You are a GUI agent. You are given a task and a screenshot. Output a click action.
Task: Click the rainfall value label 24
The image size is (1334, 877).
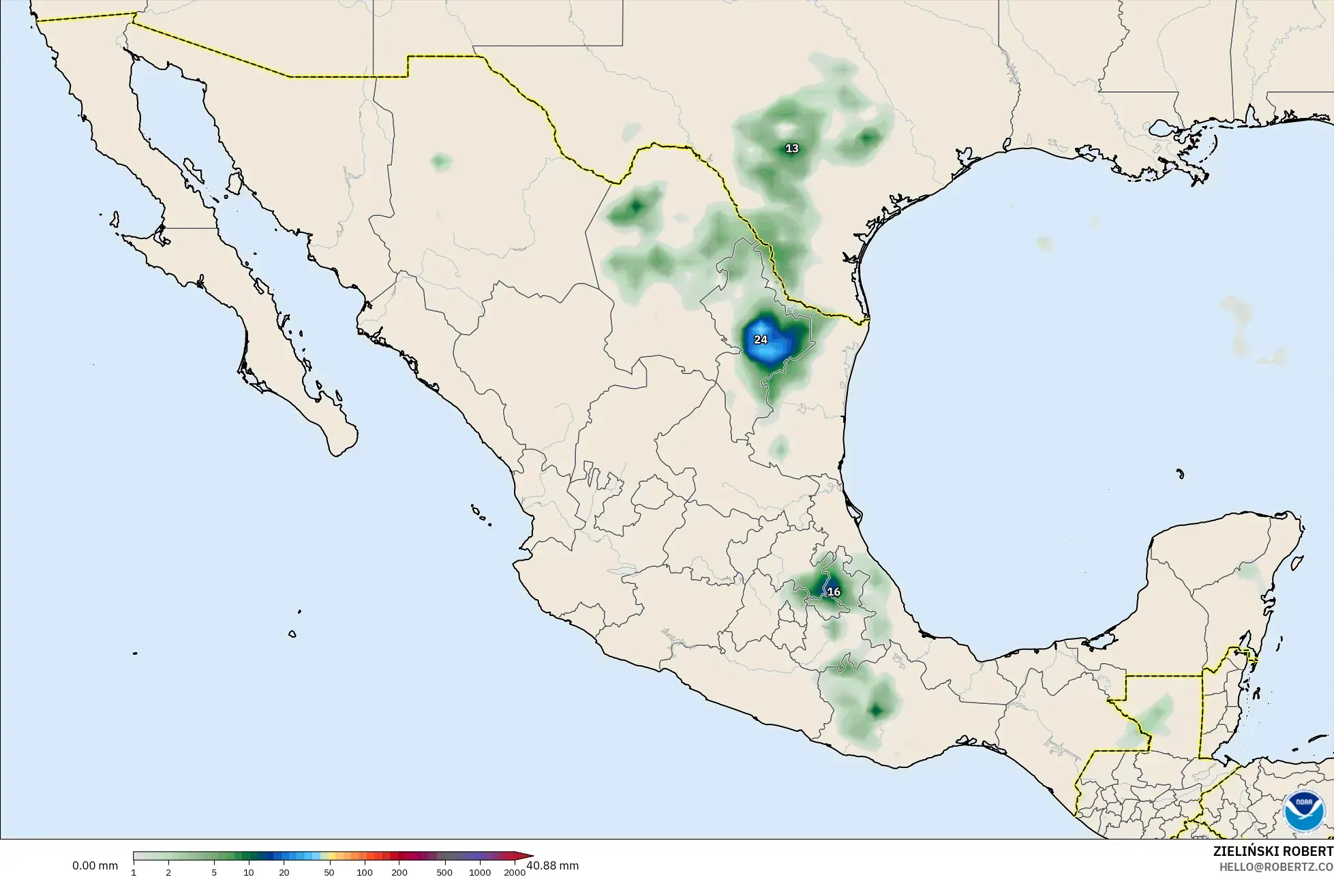pyautogui.click(x=760, y=339)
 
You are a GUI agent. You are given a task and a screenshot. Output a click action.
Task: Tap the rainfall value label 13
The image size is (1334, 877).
pyautogui.click(x=791, y=149)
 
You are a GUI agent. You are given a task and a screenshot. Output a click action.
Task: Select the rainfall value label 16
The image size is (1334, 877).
pyautogui.click(x=834, y=591)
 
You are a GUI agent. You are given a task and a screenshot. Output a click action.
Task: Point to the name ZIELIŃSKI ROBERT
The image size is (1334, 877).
pyautogui.click(x=1273, y=851)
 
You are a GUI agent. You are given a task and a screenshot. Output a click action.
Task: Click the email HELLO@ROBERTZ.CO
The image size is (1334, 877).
pyautogui.click(x=1276, y=866)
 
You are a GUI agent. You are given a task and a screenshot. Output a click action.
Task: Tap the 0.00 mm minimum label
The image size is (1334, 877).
pyautogui.click(x=95, y=866)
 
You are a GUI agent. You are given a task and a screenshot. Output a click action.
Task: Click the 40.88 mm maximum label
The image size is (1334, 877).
pyautogui.click(x=553, y=865)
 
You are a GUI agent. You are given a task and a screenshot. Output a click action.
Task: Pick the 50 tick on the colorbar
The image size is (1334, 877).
pyautogui.click(x=329, y=872)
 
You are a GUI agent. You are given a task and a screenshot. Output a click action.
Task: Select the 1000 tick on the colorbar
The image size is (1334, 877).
pyautogui.click(x=479, y=872)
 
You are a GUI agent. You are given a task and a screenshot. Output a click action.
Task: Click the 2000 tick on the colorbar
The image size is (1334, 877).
pyautogui.click(x=515, y=872)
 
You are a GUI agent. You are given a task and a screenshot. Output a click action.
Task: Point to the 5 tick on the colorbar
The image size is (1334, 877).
pyautogui.click(x=214, y=872)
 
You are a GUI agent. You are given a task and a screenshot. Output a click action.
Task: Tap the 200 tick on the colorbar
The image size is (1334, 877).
pyautogui.click(x=399, y=872)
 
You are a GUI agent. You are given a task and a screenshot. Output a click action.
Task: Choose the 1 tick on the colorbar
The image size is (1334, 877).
pyautogui.click(x=134, y=872)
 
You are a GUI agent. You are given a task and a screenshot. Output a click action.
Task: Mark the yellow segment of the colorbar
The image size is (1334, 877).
pyautogui.click(x=326, y=857)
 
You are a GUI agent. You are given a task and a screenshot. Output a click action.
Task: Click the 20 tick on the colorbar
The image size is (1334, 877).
pyautogui.click(x=284, y=872)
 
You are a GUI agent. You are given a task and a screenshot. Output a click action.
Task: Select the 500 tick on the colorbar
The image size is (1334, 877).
pyautogui.click(x=444, y=872)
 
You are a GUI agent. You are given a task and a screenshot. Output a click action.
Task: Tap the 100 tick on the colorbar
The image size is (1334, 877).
pyautogui.click(x=364, y=872)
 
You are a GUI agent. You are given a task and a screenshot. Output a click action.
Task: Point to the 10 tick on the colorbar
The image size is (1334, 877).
pyautogui.click(x=249, y=872)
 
